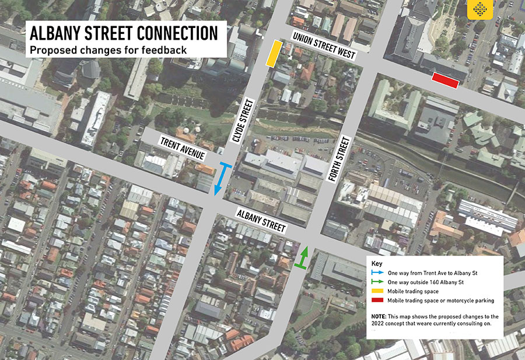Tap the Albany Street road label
(261, 219)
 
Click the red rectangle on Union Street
(444, 81)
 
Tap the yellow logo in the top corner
(480, 10)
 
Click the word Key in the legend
(376, 263)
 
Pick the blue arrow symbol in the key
(378, 273)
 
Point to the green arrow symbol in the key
(378, 282)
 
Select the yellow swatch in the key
(378, 291)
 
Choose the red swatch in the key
(378, 300)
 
